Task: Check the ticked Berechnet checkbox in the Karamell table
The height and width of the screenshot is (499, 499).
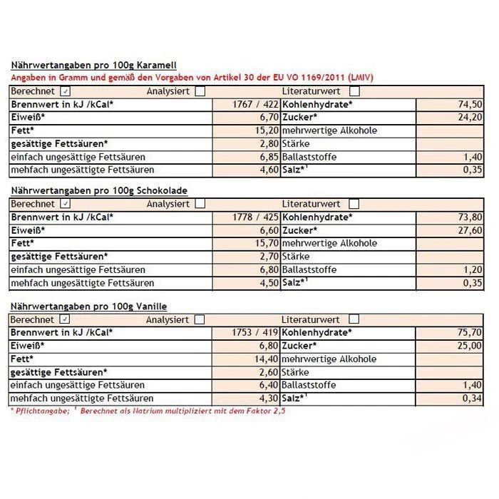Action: (66, 91)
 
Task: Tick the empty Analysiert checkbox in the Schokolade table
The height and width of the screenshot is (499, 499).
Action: (200, 204)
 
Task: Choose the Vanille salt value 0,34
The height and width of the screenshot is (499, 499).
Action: (471, 398)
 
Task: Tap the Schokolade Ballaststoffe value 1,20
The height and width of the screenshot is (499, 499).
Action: (471, 270)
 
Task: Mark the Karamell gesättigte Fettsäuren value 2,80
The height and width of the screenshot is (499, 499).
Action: (265, 143)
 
